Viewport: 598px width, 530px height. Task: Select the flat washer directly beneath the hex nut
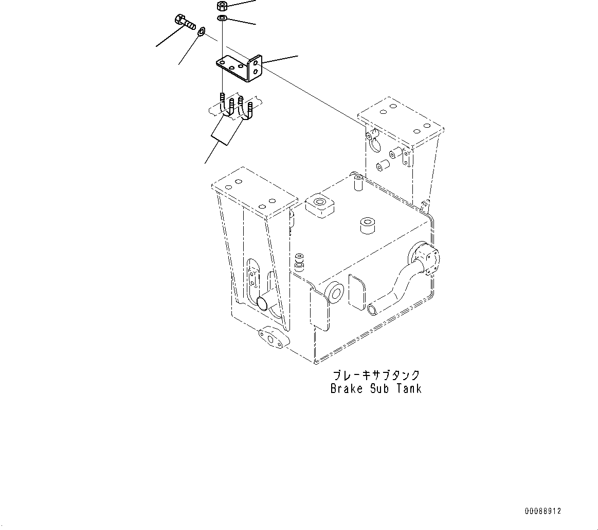click(223, 19)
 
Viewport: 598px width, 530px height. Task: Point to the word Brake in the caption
click(346, 389)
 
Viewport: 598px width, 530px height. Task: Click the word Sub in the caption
click(379, 389)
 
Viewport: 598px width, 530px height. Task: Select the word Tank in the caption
click(409, 389)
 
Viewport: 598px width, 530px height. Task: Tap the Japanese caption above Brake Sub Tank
click(376, 375)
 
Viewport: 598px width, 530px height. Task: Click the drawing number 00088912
click(543, 511)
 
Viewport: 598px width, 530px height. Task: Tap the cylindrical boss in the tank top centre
click(368, 225)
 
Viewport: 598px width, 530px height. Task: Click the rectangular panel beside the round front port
click(358, 292)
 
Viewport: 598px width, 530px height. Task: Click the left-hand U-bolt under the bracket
click(226, 108)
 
